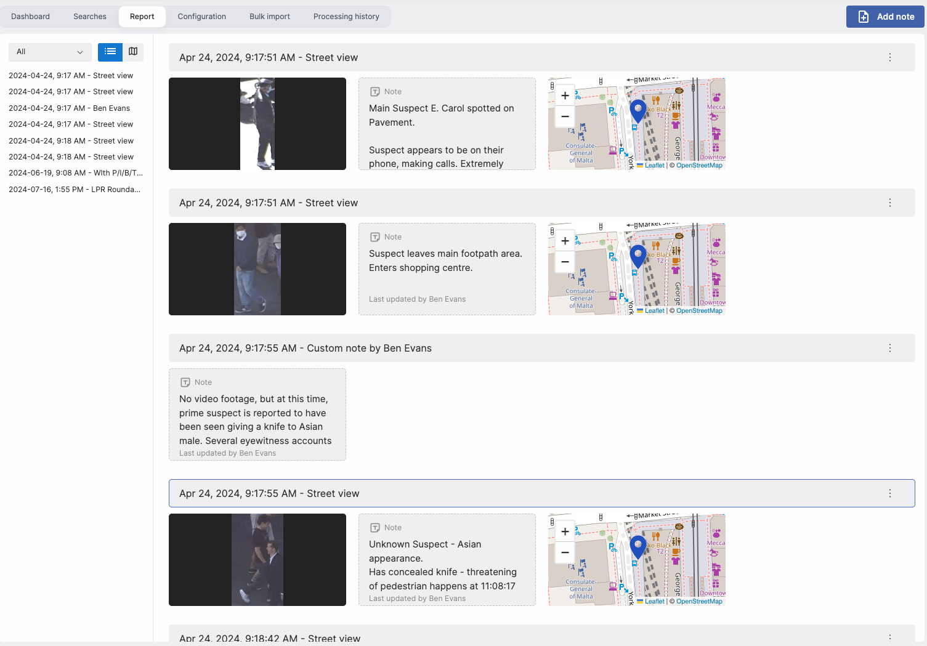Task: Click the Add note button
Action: click(885, 17)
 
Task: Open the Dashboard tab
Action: click(30, 17)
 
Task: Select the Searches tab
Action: click(90, 17)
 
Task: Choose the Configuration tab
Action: click(201, 17)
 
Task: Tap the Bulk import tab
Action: click(269, 17)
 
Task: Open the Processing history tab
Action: click(346, 17)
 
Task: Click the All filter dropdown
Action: click(50, 52)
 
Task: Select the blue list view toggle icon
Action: click(110, 52)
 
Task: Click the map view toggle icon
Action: click(133, 52)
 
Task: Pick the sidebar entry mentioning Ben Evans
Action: click(69, 108)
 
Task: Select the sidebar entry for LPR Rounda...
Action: click(75, 190)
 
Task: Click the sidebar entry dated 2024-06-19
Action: click(75, 173)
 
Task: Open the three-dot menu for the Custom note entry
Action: click(890, 348)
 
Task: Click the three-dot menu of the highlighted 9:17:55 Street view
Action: click(890, 493)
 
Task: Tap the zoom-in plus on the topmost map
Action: click(565, 96)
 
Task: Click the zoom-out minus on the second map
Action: click(565, 262)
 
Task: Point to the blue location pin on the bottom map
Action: click(638, 546)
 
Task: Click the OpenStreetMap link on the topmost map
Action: click(699, 165)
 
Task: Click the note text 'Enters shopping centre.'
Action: click(421, 268)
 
